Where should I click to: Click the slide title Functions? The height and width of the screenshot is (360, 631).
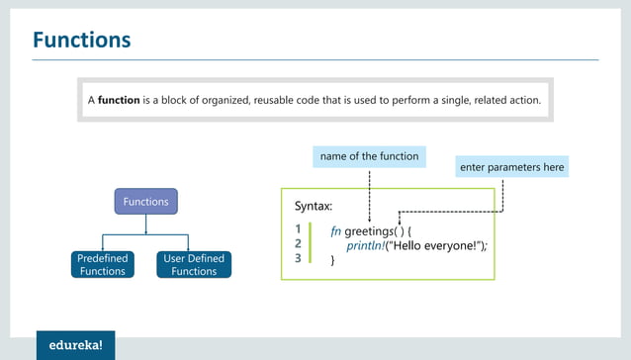[82, 40]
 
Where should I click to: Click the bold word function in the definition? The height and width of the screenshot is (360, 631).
[120, 101]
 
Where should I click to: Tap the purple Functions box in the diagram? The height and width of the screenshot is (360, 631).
[145, 202]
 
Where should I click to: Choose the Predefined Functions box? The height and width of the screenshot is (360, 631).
[103, 265]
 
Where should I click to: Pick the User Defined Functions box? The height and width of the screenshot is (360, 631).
[194, 265]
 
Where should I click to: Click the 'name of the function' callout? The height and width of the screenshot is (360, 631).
[369, 156]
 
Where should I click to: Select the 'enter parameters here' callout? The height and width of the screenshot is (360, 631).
[512, 168]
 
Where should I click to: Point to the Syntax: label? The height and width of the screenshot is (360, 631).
[314, 207]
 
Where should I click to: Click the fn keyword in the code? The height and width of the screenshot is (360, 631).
[336, 229]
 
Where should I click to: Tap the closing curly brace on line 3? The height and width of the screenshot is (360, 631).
[333, 259]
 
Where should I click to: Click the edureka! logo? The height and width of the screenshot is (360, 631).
[82, 345]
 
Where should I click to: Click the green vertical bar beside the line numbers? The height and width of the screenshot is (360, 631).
[311, 243]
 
